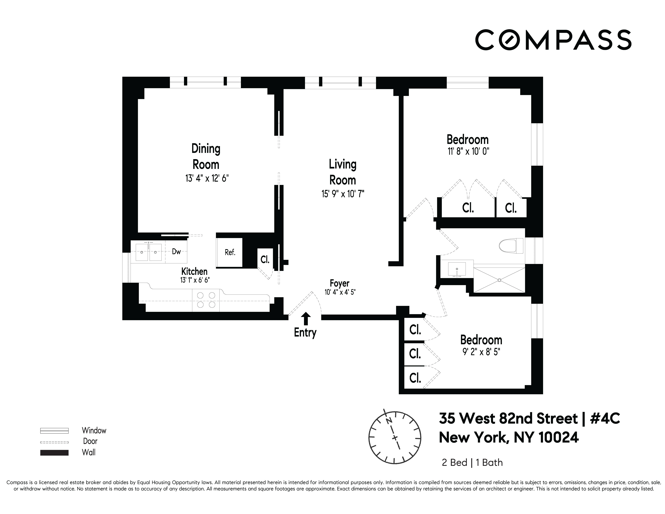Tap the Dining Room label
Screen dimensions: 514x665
[206, 157]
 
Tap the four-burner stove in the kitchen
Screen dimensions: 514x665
[206, 300]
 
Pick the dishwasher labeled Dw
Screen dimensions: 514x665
[176, 252]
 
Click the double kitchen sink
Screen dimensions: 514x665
[148, 252]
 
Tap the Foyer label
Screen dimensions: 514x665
[340, 283]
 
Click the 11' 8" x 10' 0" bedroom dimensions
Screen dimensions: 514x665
[468, 151]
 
